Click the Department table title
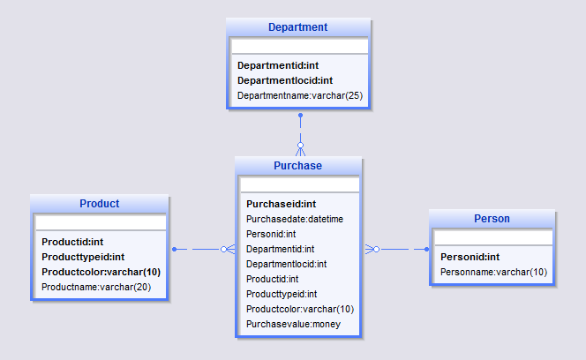coord(297,27)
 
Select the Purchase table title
coord(297,166)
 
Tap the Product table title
coord(99,204)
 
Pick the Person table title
coord(492,219)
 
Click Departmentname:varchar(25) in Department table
coord(299,95)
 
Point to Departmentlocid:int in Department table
coord(284,80)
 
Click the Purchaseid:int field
coord(281,204)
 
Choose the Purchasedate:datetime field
coord(294,219)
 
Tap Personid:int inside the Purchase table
coord(270,234)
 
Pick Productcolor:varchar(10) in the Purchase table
coord(299,309)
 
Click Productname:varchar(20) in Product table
coord(96,287)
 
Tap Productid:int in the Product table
coord(72,242)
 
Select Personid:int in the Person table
coord(470,257)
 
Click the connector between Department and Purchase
coord(300,132)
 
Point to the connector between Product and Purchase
coord(203,250)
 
